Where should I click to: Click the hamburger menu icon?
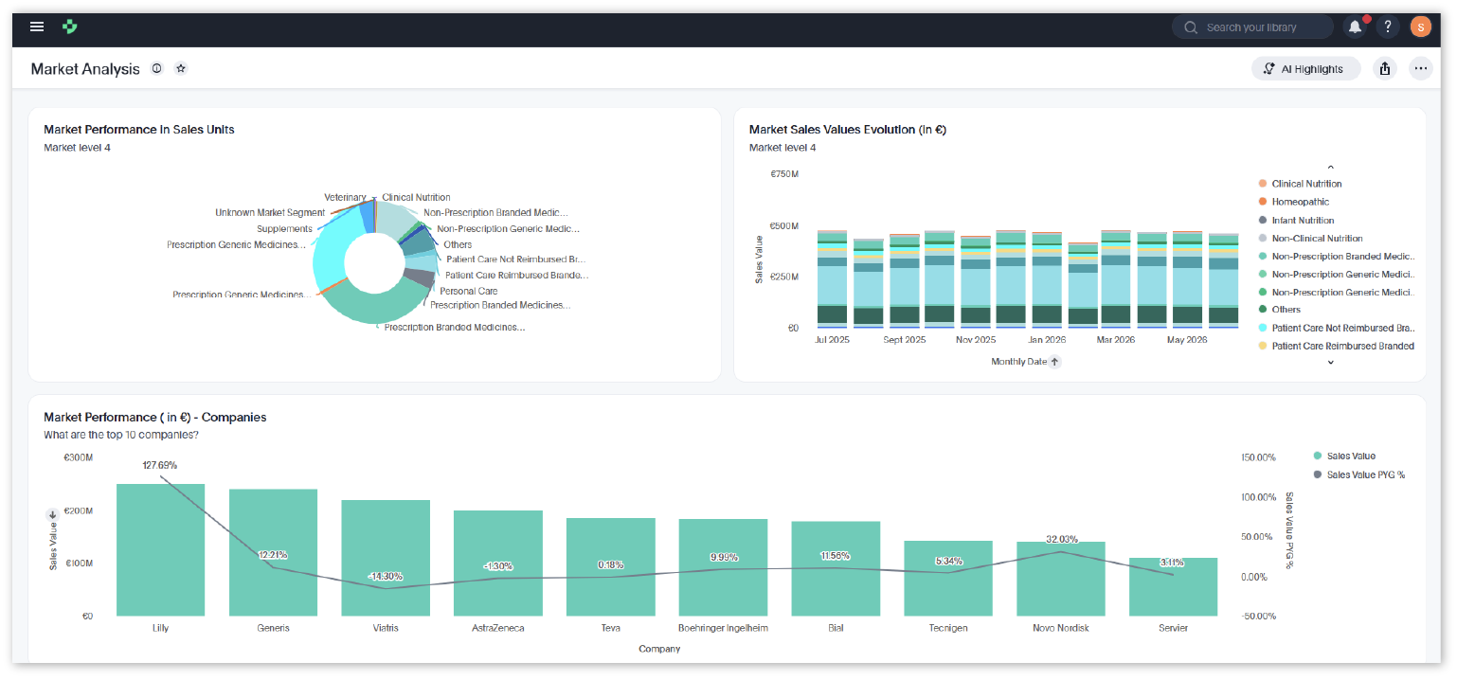pyautogui.click(x=37, y=27)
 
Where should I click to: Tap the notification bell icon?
pyautogui.click(x=1355, y=27)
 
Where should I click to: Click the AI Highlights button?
pyautogui.click(x=1305, y=69)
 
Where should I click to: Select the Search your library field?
pyautogui.click(x=1252, y=27)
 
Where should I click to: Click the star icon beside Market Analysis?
pyautogui.click(x=181, y=68)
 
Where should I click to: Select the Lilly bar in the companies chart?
pyautogui.click(x=161, y=550)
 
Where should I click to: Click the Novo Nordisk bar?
pyautogui.click(x=1061, y=579)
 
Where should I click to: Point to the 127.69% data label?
pyautogui.click(x=160, y=465)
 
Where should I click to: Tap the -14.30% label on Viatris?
pyautogui.click(x=386, y=577)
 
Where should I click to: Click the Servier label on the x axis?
pyautogui.click(x=1173, y=628)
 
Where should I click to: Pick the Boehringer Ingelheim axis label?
pyautogui.click(x=723, y=628)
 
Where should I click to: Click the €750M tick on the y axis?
pyautogui.click(x=784, y=174)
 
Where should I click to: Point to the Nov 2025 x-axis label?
pyautogui.click(x=976, y=340)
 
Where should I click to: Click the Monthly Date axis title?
pyautogui.click(x=1018, y=362)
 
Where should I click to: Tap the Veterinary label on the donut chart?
pyautogui.click(x=345, y=198)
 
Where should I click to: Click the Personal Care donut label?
pyautogui.click(x=468, y=292)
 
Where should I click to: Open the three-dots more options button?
pyautogui.click(x=1421, y=68)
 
